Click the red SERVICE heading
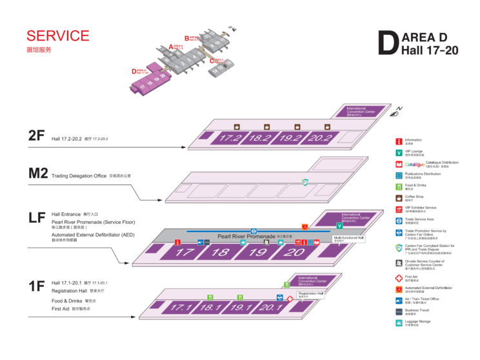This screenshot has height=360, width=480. pyautogui.click(x=57, y=35)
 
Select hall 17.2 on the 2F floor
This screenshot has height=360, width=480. pyautogui.click(x=230, y=138)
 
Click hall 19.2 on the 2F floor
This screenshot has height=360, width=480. pyautogui.click(x=290, y=138)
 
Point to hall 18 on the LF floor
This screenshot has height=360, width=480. pyautogui.click(x=220, y=252)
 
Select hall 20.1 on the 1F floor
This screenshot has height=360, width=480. pyautogui.click(x=270, y=308)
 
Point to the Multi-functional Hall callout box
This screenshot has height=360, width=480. pyautogui.click(x=348, y=239)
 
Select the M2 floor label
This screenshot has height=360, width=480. pyautogui.click(x=38, y=173)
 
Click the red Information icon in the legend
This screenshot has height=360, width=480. pyautogui.click(x=399, y=141)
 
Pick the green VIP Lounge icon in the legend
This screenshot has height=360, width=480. pyautogui.click(x=399, y=152)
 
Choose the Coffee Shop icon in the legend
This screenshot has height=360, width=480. pyautogui.click(x=399, y=197)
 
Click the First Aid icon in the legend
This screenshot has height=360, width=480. pyautogui.click(x=399, y=277)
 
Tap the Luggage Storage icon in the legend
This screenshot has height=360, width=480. pyautogui.click(x=399, y=322)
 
